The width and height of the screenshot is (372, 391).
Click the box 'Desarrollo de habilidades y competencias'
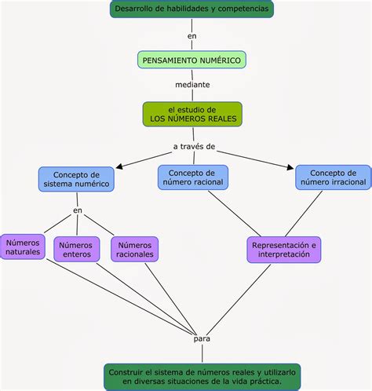coord(191,9)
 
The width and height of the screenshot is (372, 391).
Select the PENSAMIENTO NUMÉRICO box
coord(191,60)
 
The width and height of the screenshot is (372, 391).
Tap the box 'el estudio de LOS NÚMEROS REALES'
coord(192,114)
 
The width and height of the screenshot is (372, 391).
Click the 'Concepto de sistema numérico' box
coord(76,179)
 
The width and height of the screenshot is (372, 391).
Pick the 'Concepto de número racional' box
coord(193,177)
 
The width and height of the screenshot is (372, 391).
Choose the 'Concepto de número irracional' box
coord(334,177)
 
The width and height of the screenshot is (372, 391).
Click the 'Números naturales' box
coord(23,247)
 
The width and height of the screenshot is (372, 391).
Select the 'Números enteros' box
coord(77,250)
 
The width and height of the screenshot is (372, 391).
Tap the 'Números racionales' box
coord(135,250)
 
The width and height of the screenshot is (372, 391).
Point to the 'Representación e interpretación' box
coord(284,250)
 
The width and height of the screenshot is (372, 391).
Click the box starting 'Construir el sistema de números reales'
coord(202,377)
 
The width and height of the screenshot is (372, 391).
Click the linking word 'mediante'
coord(192,85)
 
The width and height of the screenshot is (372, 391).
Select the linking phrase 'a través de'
coord(194,147)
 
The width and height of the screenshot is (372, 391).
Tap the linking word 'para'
coord(202,339)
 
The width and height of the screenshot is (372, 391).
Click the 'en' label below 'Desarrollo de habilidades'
coord(191,36)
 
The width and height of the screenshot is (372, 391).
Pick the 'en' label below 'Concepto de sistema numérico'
coord(78,210)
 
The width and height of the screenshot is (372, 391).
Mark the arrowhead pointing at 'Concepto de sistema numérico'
coord(119,166)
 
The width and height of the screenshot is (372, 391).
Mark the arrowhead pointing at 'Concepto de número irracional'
coord(290,167)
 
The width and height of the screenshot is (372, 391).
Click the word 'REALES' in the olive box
coord(222,119)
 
